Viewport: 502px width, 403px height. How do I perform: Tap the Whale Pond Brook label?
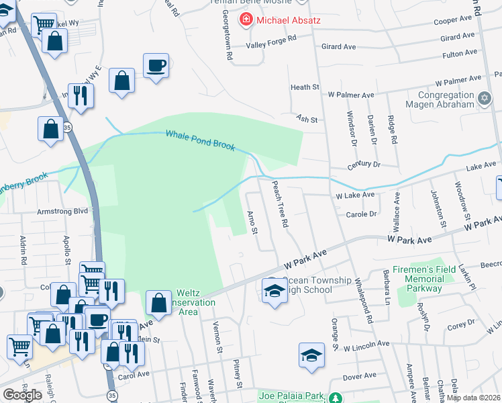coord(200,140)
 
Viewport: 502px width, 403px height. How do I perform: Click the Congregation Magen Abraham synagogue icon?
coord(485,99)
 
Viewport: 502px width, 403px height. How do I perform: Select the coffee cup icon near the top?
coord(156,66)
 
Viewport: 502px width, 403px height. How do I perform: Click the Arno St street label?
coord(252,222)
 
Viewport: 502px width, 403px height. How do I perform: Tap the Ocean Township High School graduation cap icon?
coord(274,290)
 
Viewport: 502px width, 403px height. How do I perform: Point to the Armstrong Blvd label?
coord(64,210)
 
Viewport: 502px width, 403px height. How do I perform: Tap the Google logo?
coord(23,394)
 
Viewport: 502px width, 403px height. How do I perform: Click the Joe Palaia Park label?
coord(290,396)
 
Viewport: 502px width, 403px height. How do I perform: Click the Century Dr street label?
coord(364,165)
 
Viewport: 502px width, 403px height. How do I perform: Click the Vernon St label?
coord(217,338)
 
